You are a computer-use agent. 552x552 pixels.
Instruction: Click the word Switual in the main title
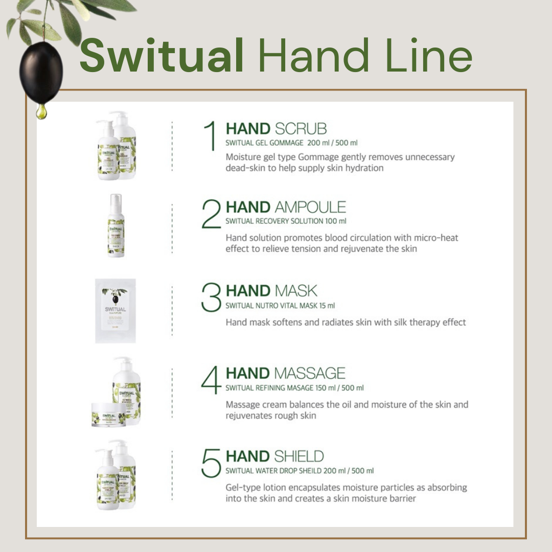point(162,55)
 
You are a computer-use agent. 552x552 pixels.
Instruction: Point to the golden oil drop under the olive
point(41,111)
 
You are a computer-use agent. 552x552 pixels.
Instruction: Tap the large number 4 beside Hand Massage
point(211,381)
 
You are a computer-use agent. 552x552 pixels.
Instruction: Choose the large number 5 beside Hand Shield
point(211,463)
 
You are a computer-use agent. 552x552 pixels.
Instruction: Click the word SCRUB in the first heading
point(301,128)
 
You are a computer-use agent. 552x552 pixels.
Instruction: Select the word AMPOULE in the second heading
point(310,207)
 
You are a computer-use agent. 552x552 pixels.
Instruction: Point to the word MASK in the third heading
point(296,291)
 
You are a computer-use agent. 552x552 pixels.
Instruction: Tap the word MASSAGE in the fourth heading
point(310,373)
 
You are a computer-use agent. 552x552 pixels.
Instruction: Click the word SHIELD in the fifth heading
point(300,456)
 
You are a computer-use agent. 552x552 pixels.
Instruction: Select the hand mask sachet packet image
point(115,311)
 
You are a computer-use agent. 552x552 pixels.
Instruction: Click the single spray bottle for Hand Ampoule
point(116,225)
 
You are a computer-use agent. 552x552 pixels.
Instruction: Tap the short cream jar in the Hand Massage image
point(108,415)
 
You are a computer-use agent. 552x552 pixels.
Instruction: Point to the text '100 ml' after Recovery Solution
point(336,221)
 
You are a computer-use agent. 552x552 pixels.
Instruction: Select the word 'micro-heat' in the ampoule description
point(436,238)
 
